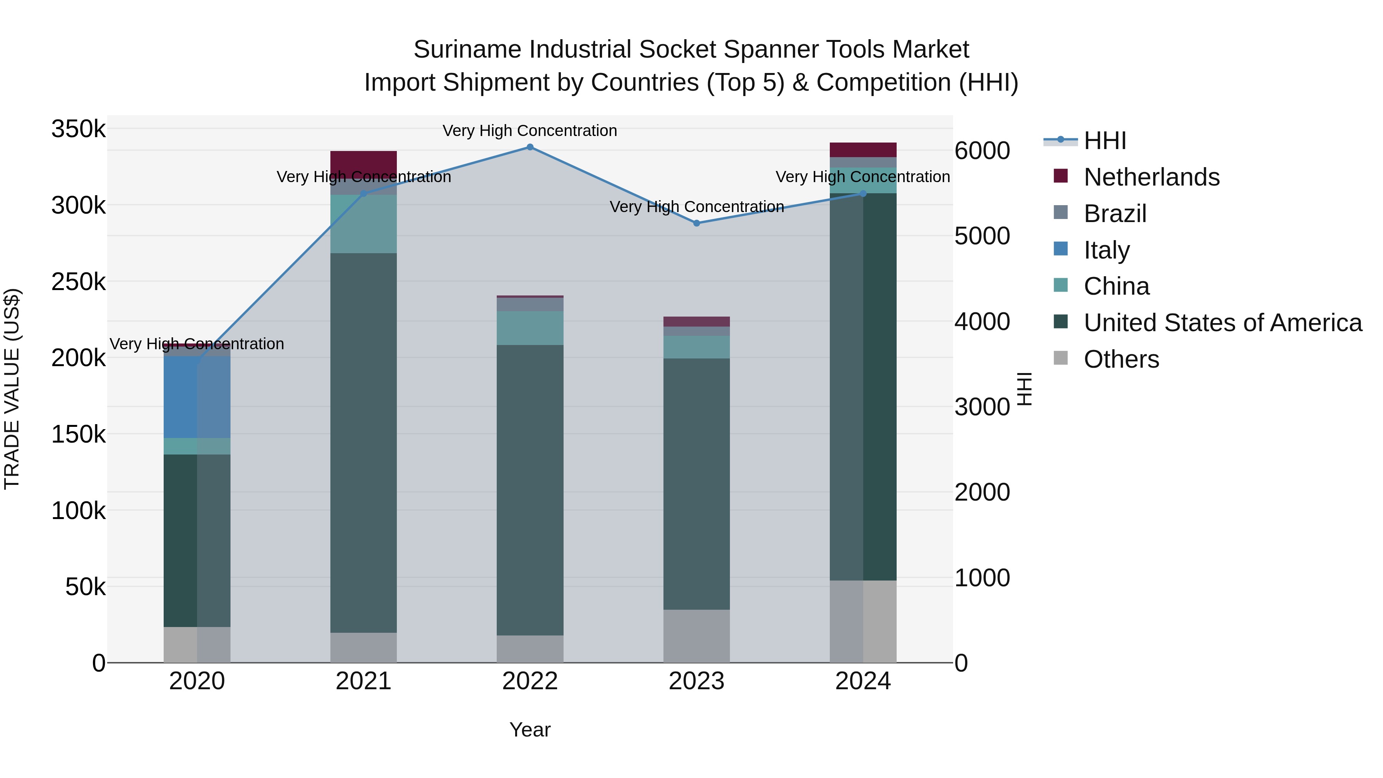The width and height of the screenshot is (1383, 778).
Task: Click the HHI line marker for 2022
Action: tap(530, 147)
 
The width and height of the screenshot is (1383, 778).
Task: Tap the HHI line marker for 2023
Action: tap(696, 223)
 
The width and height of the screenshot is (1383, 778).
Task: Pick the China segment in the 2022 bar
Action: tap(530, 328)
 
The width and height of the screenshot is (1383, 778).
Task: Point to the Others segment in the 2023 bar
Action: tap(696, 636)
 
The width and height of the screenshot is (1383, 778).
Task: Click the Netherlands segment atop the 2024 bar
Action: tap(863, 150)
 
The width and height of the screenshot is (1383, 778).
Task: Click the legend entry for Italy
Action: tap(1106, 250)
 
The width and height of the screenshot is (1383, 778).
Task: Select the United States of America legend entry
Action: tap(1222, 323)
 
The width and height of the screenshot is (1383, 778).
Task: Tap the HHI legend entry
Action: tap(1104, 141)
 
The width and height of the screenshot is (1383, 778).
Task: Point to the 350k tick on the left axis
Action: tap(78, 129)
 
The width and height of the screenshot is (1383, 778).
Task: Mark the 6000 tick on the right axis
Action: tap(982, 151)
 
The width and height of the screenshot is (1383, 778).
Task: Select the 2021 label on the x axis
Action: tap(363, 681)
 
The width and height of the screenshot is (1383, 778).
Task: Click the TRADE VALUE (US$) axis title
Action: tap(12, 389)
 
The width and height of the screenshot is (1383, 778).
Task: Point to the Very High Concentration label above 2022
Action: tap(530, 131)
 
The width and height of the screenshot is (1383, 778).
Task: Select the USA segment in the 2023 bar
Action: tap(696, 483)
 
